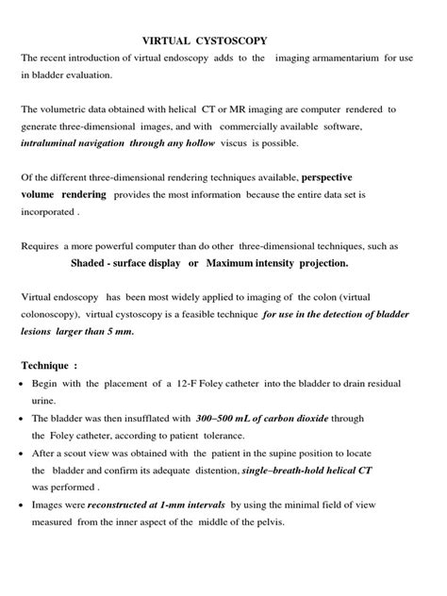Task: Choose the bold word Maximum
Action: (x=238, y=262)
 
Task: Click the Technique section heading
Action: (x=51, y=365)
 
